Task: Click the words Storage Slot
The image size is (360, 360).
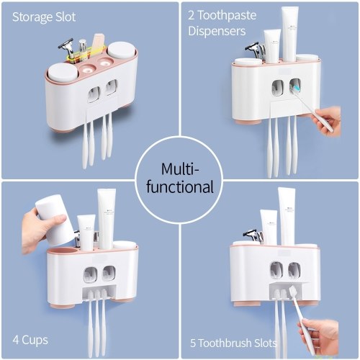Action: pyautogui.click(x=44, y=17)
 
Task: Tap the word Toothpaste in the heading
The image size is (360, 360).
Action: pyautogui.click(x=227, y=15)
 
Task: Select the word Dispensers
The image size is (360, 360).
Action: pyautogui.click(x=217, y=31)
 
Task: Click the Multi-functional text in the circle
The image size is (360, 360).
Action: pyautogui.click(x=180, y=178)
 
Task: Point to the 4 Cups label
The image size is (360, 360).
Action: pyautogui.click(x=30, y=340)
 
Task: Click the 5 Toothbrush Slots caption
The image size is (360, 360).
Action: pyautogui.click(x=233, y=343)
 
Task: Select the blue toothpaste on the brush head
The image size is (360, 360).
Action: pyautogui.click(x=297, y=88)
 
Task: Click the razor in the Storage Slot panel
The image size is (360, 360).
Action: pyautogui.click(x=68, y=49)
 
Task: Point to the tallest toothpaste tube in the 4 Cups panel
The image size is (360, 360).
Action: pyautogui.click(x=107, y=218)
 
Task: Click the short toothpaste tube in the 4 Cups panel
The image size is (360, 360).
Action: pyautogui.click(x=86, y=233)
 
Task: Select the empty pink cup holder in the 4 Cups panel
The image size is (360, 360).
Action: pyautogui.click(x=61, y=251)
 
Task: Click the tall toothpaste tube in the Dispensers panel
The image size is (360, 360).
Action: pyautogui.click(x=289, y=34)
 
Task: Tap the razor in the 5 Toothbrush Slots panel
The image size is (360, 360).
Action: pyautogui.click(x=253, y=235)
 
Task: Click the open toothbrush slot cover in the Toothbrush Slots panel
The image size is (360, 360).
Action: pyautogui.click(x=289, y=284)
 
